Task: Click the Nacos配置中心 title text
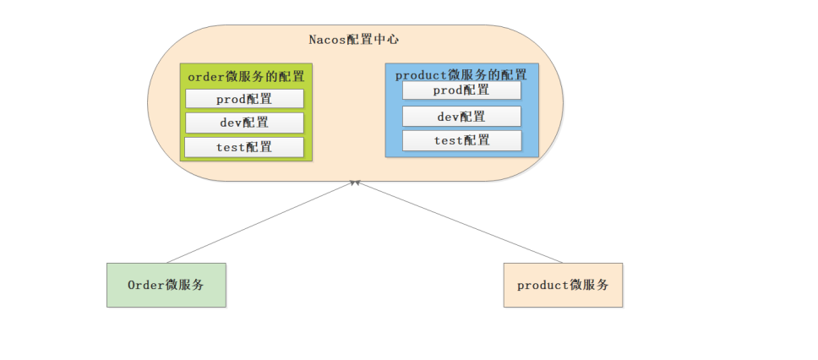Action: [x=354, y=40]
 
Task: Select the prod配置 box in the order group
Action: [x=244, y=99]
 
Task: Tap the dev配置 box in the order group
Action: [x=244, y=123]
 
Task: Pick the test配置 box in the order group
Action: [x=244, y=147]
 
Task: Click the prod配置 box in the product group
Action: [x=461, y=90]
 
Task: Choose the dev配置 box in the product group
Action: [x=461, y=116]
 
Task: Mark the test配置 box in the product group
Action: [x=461, y=140]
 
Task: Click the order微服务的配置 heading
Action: [x=246, y=76]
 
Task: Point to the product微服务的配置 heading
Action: [x=461, y=74]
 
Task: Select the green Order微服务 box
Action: [x=166, y=285]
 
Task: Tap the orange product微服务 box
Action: [x=563, y=285]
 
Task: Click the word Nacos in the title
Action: [x=326, y=40]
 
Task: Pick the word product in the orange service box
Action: [x=543, y=286]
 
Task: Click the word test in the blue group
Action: [x=448, y=140]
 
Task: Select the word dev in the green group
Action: [x=231, y=123]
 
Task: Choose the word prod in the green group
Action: [x=230, y=99]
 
